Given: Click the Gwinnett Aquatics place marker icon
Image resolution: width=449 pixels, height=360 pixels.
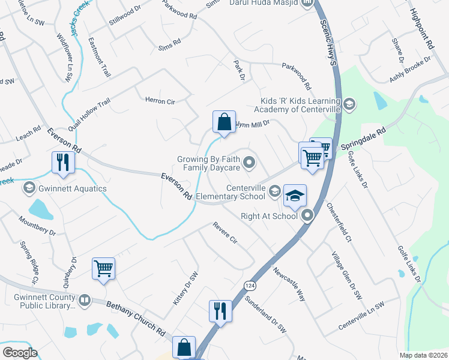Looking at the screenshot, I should click(29, 188).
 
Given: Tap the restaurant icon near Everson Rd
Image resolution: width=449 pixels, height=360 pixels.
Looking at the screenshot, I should click(63, 161).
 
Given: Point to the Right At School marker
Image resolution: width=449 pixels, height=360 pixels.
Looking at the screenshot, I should click(308, 215).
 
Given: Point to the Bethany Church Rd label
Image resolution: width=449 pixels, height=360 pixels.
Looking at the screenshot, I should click(136, 317).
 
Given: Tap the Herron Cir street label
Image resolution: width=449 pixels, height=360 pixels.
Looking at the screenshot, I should click(160, 101).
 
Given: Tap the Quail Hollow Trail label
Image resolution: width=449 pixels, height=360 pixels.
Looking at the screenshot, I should click(89, 116).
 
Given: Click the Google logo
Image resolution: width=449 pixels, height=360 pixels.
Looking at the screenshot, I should click(20, 353).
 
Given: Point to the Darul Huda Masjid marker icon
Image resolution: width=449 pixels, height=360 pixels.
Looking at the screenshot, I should click(308, 3).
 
